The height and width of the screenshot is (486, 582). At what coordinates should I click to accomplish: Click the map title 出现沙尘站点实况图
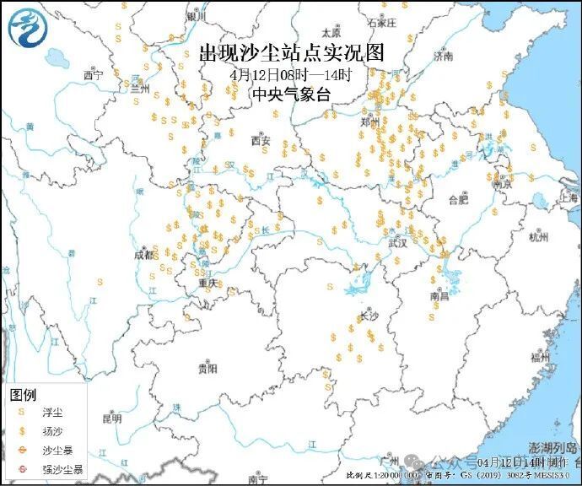290,54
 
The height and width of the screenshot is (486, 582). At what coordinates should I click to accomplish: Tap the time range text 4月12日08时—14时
290,74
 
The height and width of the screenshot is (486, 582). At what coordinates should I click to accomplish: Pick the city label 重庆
207,283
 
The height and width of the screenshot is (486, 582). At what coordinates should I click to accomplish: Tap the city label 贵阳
207,369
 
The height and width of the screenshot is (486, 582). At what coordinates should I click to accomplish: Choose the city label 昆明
111,418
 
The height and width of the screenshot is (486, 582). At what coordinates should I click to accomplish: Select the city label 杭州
537,237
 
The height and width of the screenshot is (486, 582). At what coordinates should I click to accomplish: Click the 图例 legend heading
23,395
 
